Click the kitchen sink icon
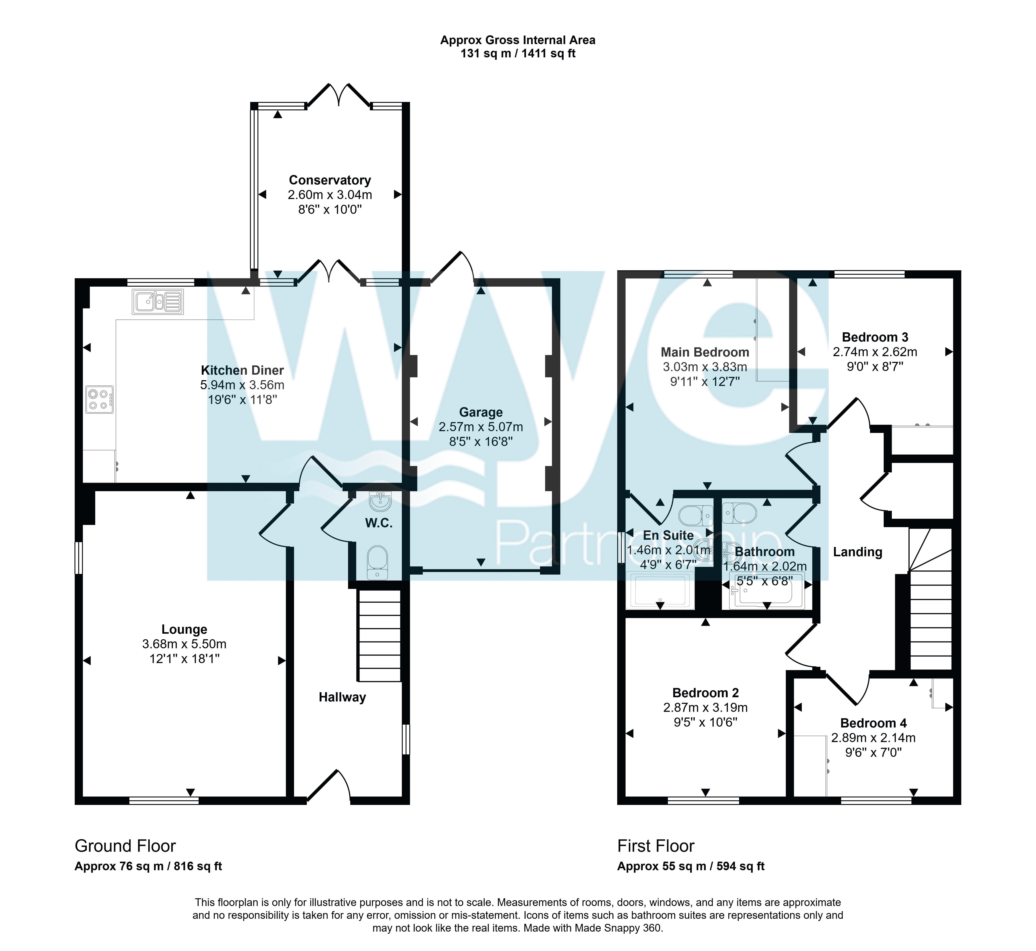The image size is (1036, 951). tap(158, 302)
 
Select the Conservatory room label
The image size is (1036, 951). tap(330, 180)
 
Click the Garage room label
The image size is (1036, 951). tap(481, 412)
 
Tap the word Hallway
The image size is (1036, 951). tap(342, 697)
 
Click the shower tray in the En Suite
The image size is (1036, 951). tap(660, 590)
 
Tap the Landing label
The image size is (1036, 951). tap(858, 552)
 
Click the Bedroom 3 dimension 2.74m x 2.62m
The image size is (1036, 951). tap(875, 352)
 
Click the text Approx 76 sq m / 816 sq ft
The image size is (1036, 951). tap(148, 866)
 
